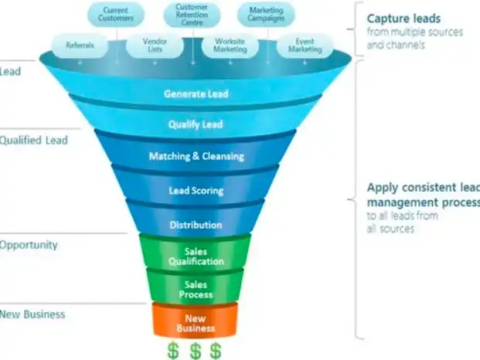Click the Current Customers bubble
point(117,13)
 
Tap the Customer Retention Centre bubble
point(193,13)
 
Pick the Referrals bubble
point(81,46)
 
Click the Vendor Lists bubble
point(155,46)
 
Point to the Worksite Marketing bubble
point(230,46)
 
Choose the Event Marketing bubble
point(305,46)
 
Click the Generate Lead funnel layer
point(196,94)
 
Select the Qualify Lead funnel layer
point(196,124)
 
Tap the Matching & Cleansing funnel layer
point(196,156)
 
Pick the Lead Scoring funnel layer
point(196,190)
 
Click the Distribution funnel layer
point(196,225)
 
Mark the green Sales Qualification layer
point(196,256)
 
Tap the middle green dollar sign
point(196,350)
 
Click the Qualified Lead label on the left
point(34,141)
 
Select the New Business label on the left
point(32,314)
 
